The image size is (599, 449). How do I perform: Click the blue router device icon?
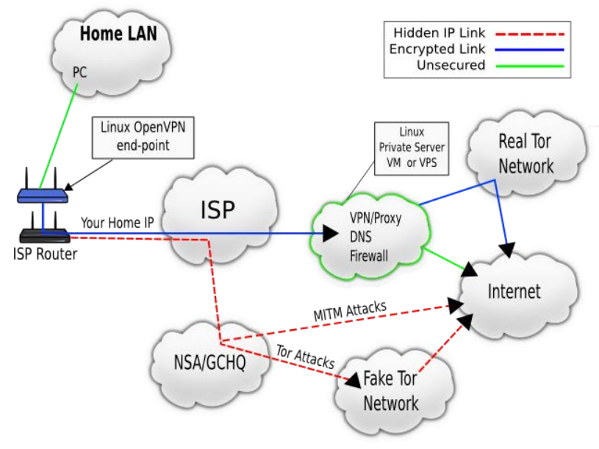tap(43, 195)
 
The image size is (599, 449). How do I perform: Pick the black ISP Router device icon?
tap(43, 234)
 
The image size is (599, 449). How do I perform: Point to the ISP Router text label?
tap(44, 254)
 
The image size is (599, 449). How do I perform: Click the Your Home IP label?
tap(117, 222)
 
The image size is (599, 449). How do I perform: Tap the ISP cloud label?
tap(218, 210)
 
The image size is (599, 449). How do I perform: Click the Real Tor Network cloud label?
tap(526, 154)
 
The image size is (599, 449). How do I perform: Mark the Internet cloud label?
tap(514, 291)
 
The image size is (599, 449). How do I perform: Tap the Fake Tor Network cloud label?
tap(390, 391)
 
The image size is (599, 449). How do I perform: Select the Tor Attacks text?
tap(305, 357)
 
